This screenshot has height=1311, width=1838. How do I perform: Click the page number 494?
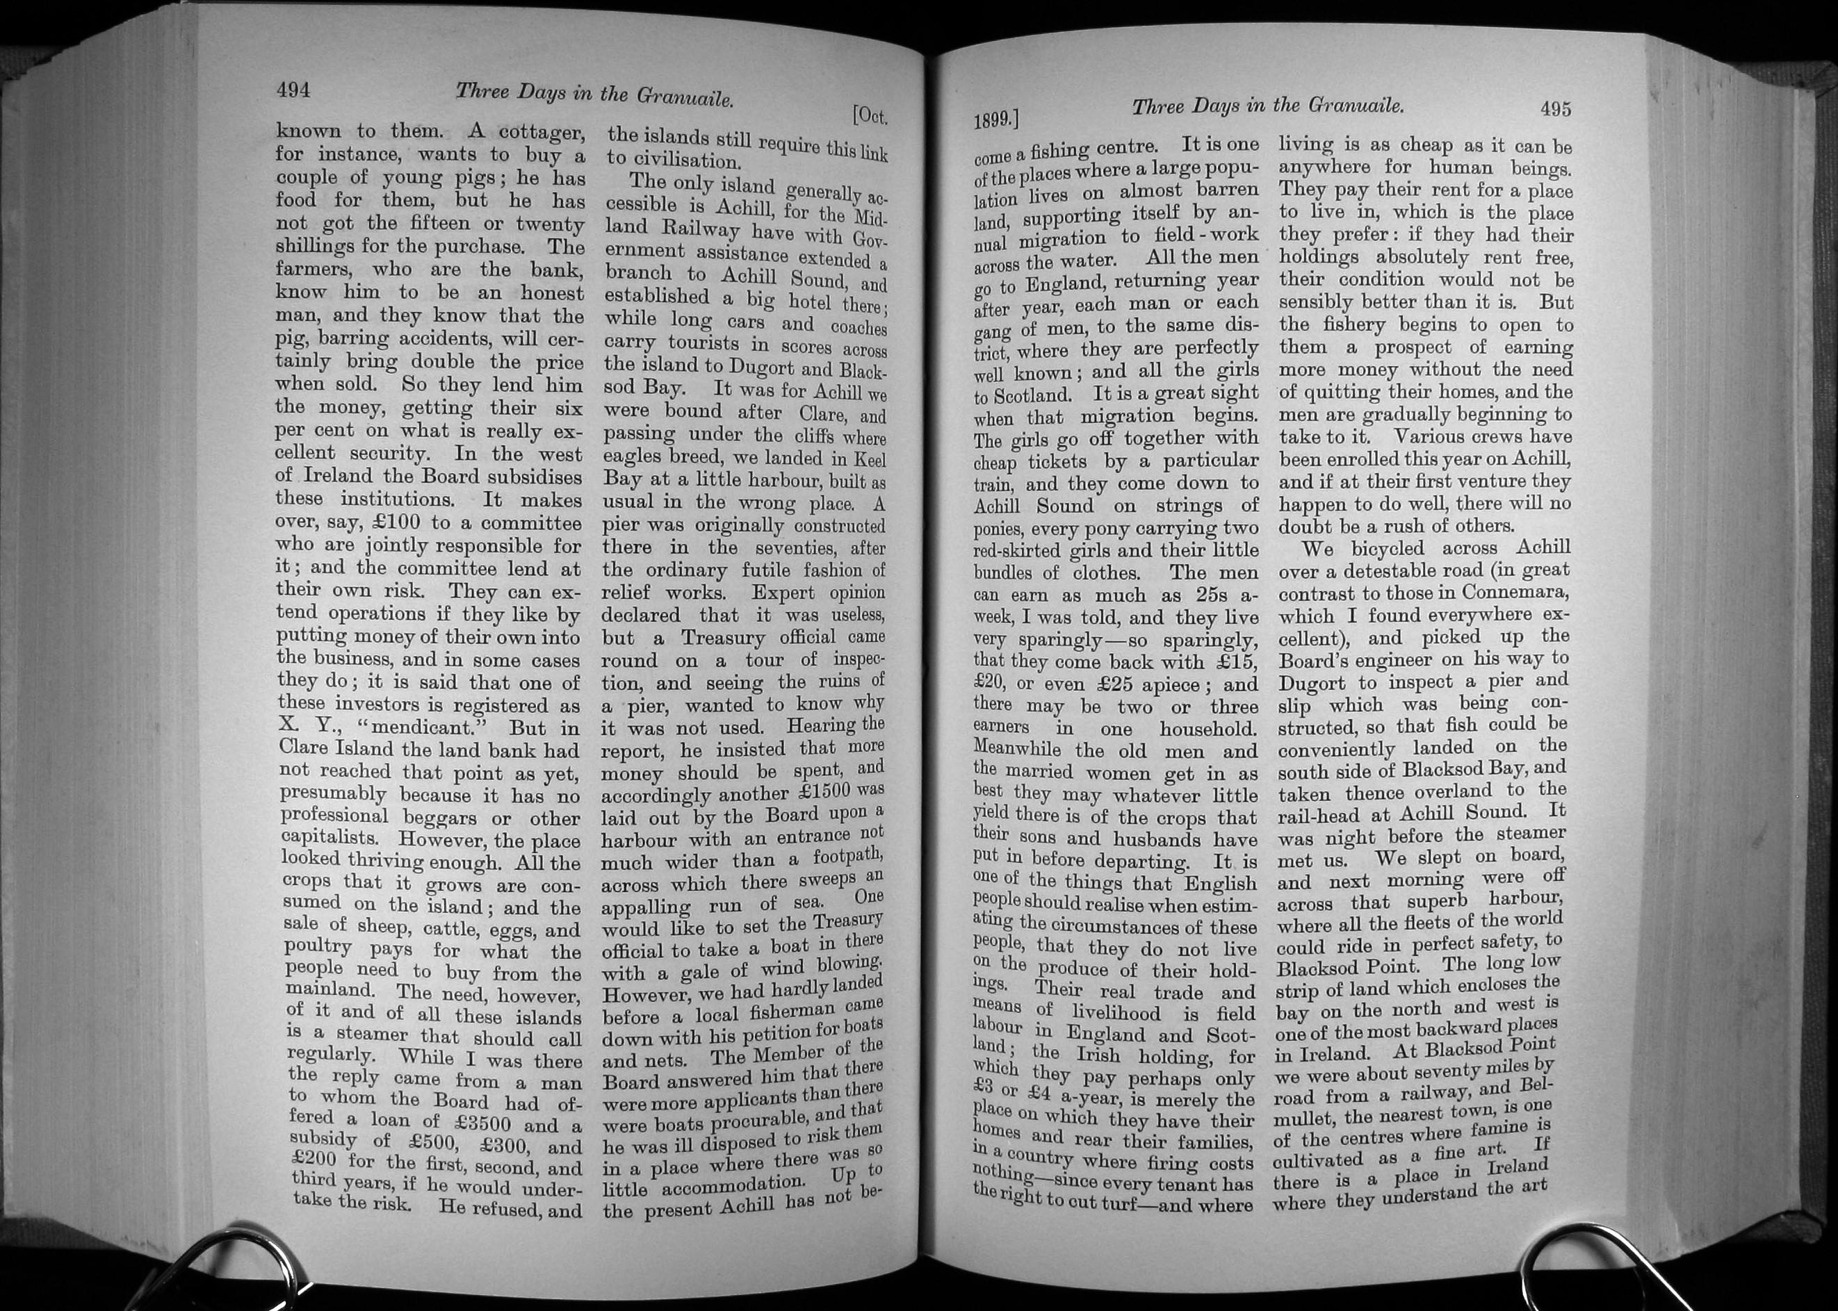click(x=293, y=90)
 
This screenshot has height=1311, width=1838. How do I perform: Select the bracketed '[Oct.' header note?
click(x=870, y=117)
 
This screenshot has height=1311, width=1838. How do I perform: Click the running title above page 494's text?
click(x=594, y=97)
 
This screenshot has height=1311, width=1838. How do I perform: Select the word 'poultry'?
click(x=318, y=947)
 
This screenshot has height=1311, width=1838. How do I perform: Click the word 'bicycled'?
click(x=1403, y=548)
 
